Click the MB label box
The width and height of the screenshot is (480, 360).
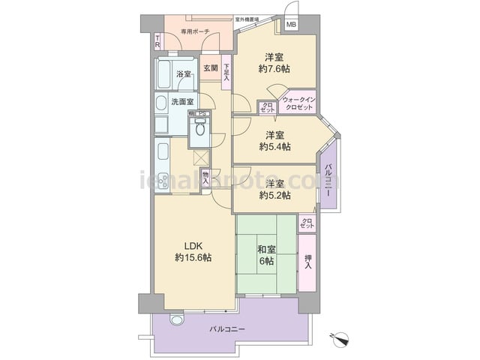291,25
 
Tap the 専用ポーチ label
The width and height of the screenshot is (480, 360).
195,32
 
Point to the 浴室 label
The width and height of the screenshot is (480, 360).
184,74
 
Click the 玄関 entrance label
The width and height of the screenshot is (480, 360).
210,68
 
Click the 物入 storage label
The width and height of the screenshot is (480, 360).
205,179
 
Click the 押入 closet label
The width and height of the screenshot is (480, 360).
307,261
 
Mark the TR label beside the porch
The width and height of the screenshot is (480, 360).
157,42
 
